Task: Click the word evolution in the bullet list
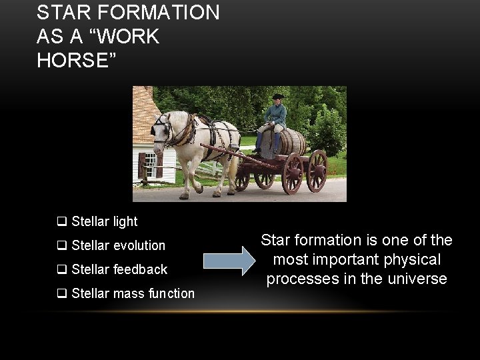click(139, 245)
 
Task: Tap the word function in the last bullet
click(171, 293)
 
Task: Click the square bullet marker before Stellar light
click(61, 221)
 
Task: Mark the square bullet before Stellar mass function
click(61, 293)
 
